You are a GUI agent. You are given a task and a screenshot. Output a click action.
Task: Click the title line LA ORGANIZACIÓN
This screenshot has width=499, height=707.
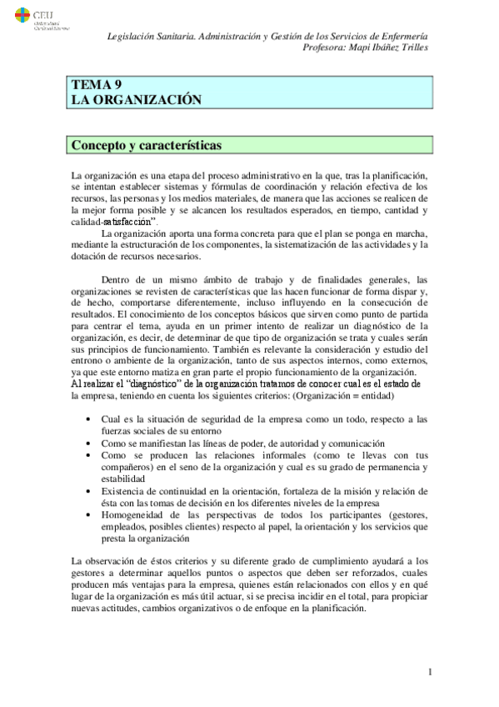[137, 99]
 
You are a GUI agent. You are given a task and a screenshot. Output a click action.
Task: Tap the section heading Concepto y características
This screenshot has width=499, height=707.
[146, 144]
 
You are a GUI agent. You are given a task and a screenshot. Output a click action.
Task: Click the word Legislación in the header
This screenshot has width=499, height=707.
[136, 37]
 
